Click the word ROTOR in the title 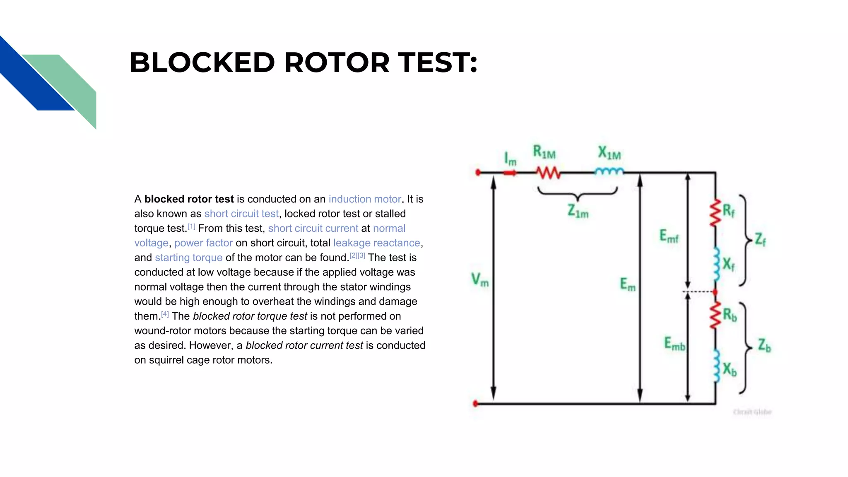(x=337, y=63)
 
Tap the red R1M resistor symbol (x=548, y=172)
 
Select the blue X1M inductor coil (x=609, y=171)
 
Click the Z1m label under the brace (x=578, y=211)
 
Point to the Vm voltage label (x=479, y=279)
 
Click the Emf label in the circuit (x=669, y=236)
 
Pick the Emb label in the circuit (x=674, y=344)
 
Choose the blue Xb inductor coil (x=716, y=366)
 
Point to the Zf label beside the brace (x=760, y=239)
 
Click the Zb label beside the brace (x=764, y=345)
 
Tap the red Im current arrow (x=510, y=173)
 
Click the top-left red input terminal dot (x=478, y=172)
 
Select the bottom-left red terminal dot (x=475, y=403)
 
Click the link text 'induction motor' (x=364, y=199)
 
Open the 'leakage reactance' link (x=376, y=243)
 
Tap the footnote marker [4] (x=165, y=314)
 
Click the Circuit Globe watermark (x=752, y=412)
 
